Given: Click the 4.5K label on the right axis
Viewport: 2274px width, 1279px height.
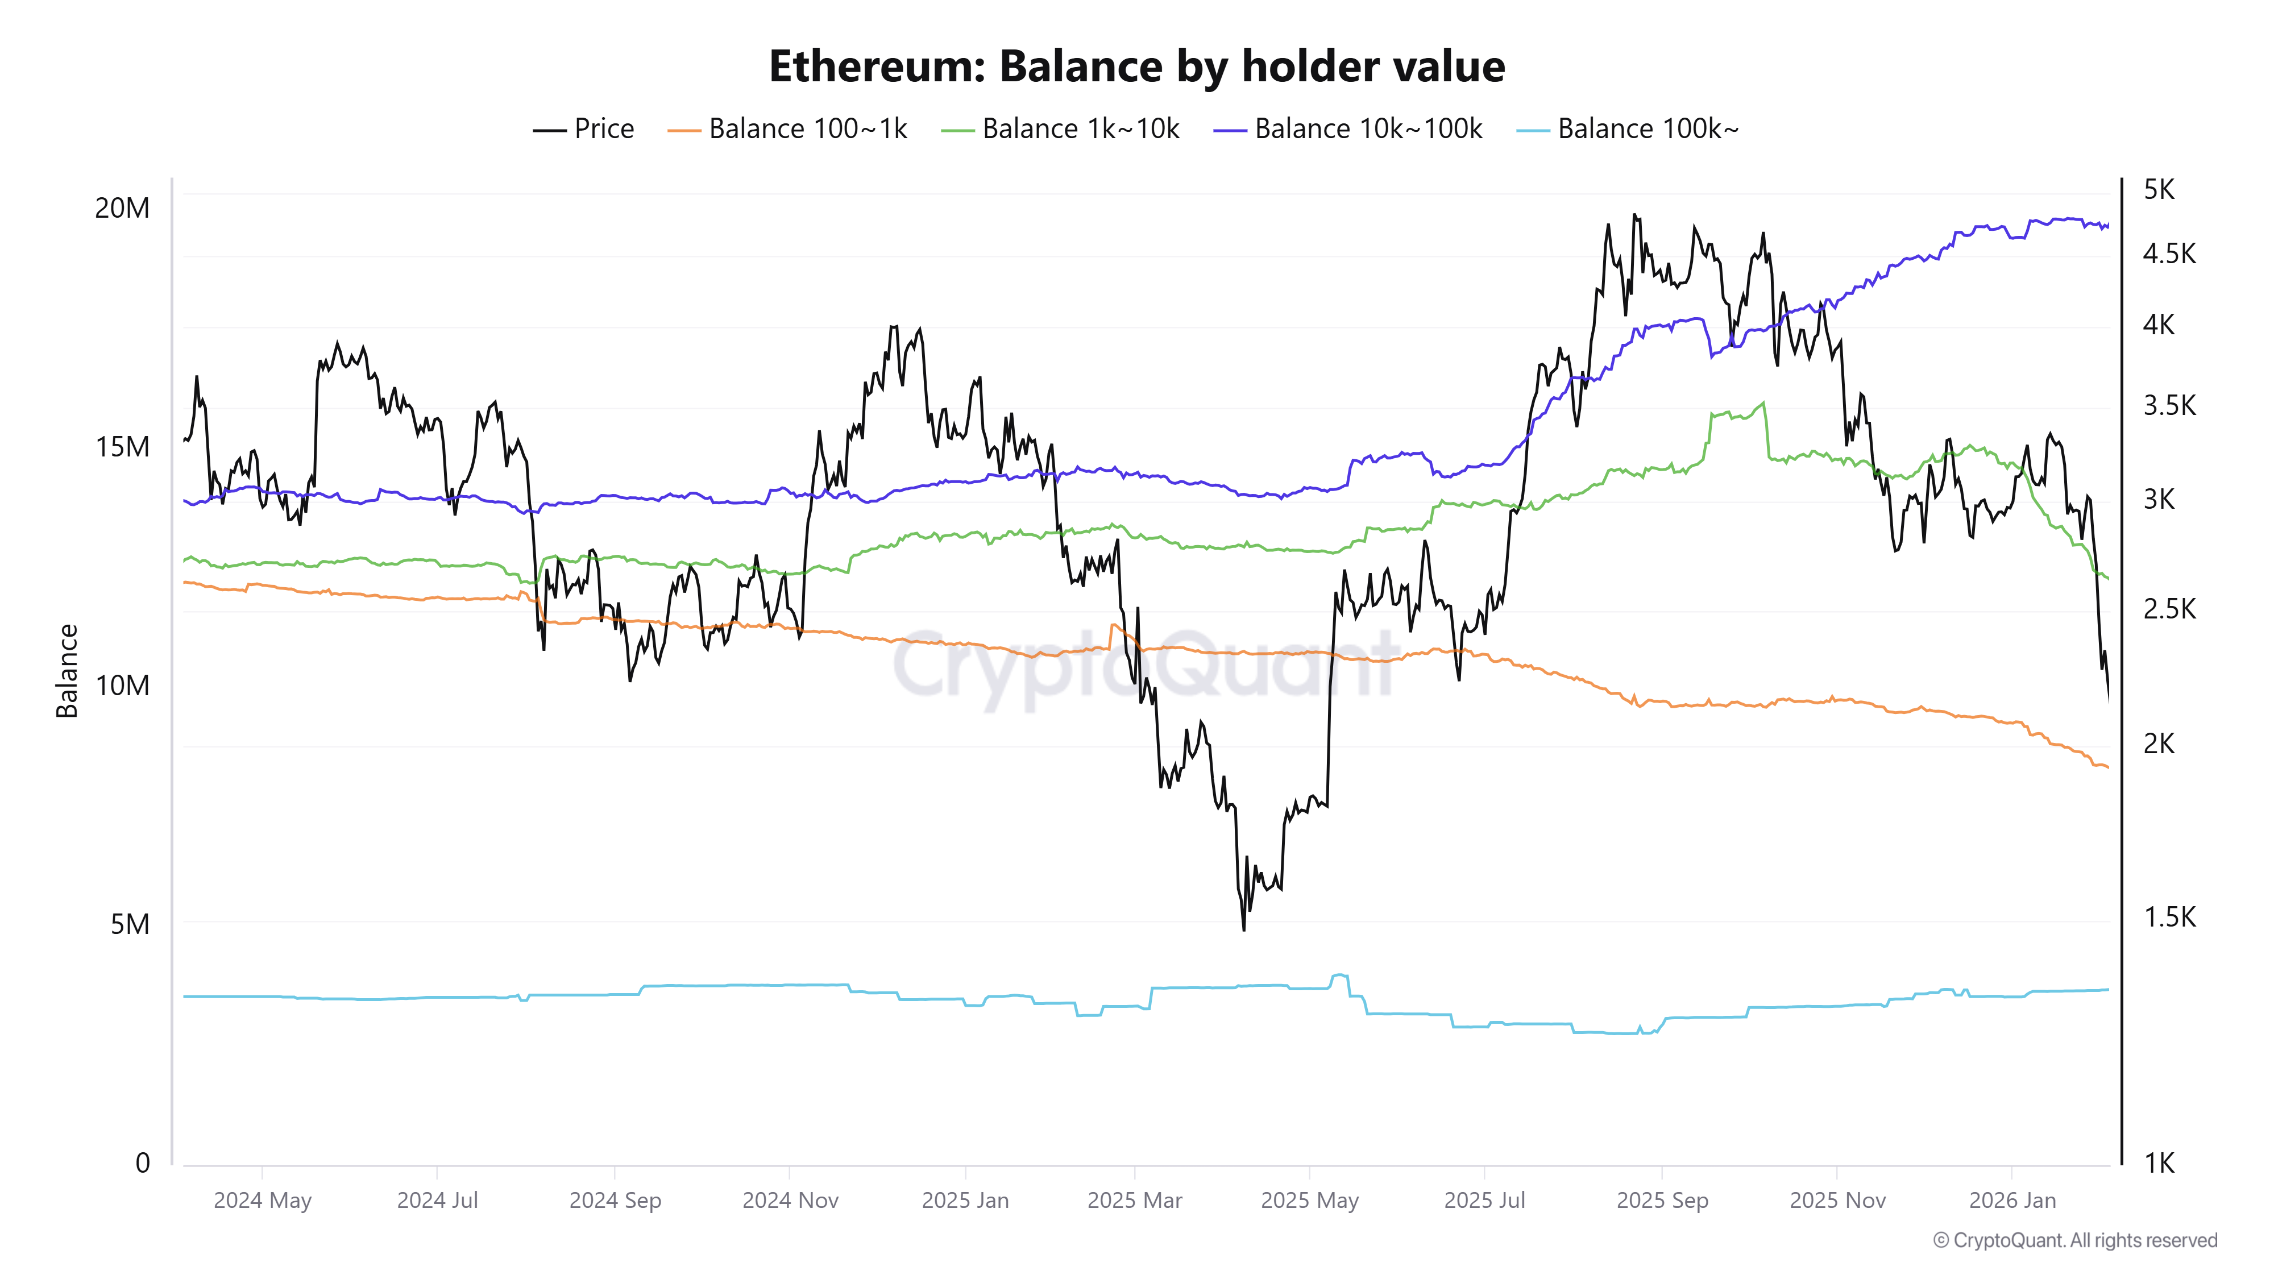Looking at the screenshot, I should point(2168,254).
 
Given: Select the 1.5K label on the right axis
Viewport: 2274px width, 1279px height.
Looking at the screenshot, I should point(2168,917).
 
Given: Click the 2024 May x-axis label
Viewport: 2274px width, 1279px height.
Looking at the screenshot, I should point(262,1201).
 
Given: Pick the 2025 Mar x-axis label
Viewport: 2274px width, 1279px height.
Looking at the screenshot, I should point(1134,1201).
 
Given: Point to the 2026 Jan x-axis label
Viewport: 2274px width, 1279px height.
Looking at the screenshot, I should point(2012,1201).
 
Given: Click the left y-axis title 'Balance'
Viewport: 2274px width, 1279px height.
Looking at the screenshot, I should point(67,671).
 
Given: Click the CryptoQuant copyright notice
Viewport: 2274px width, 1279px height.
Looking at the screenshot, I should point(2074,1240).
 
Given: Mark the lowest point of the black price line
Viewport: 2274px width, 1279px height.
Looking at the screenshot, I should point(1244,929).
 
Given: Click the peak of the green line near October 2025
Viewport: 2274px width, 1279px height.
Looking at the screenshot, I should point(1763,404).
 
